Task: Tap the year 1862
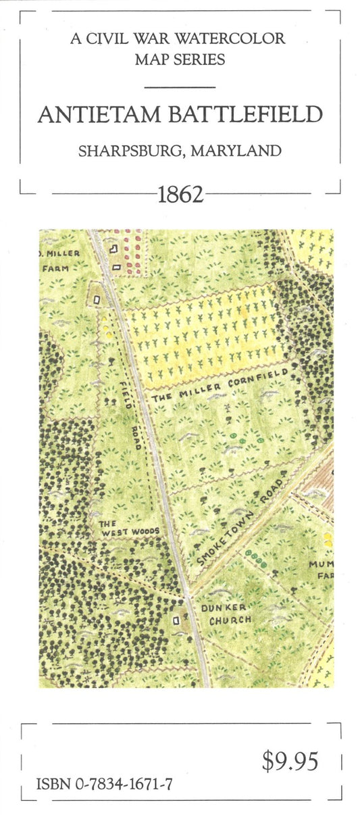pos(180,195)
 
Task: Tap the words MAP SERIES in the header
pos(180,59)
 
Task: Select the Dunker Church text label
pos(226,614)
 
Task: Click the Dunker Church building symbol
pos(178,618)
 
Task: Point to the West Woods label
pos(128,527)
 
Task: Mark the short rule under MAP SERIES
pos(180,87)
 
